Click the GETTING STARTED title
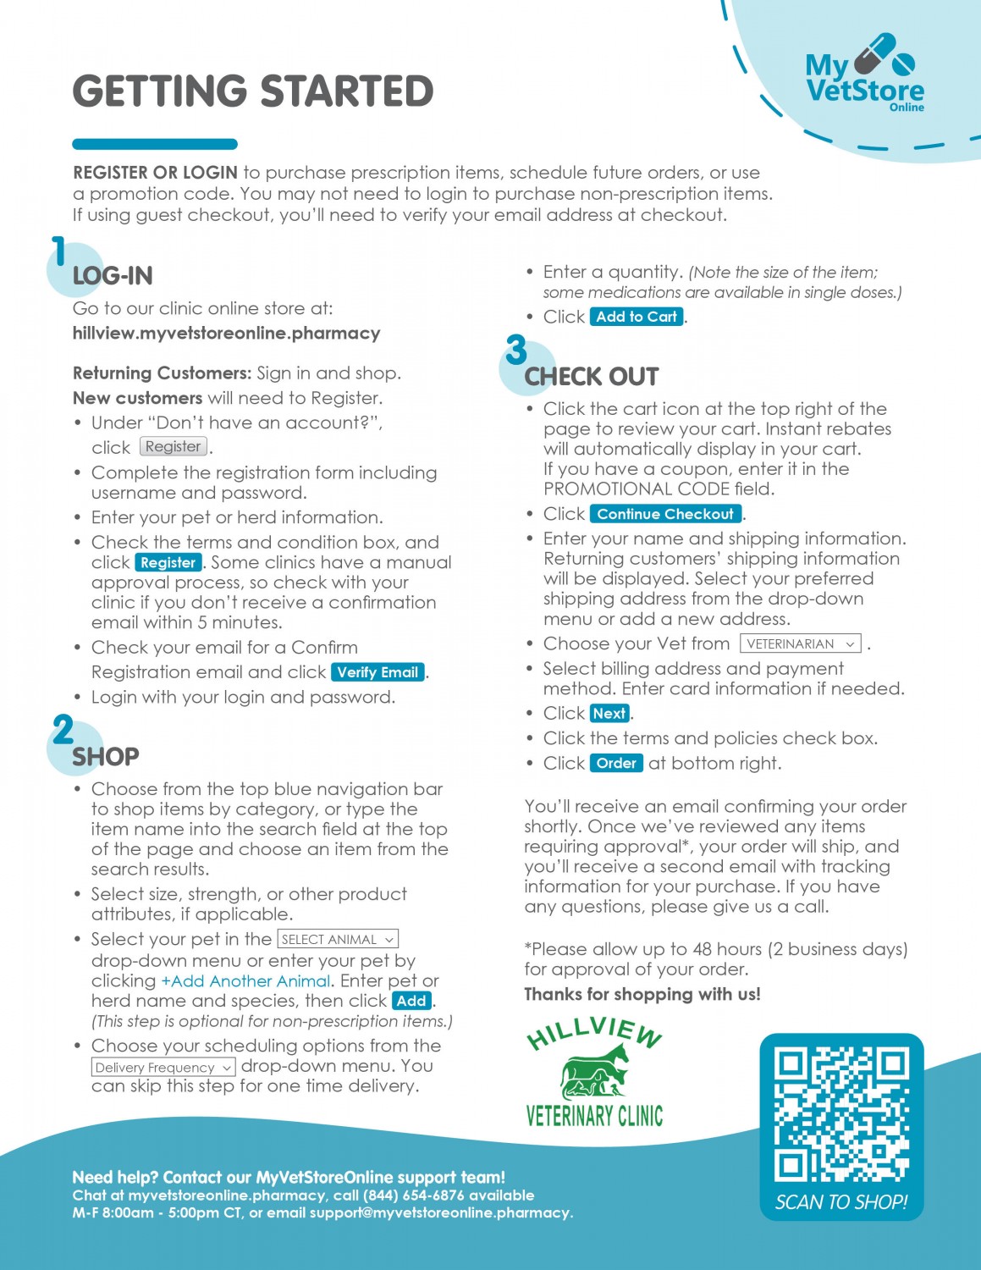point(253,91)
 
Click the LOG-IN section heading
point(113,276)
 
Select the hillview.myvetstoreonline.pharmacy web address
point(226,333)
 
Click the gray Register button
point(173,446)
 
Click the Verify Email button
point(378,672)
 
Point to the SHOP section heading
point(106,756)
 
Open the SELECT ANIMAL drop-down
point(337,939)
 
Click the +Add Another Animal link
point(245,980)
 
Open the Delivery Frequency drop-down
point(163,1067)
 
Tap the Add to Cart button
point(637,317)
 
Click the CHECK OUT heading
point(592,377)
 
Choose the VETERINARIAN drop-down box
point(800,643)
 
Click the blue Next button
point(609,713)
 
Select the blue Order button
point(616,763)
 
